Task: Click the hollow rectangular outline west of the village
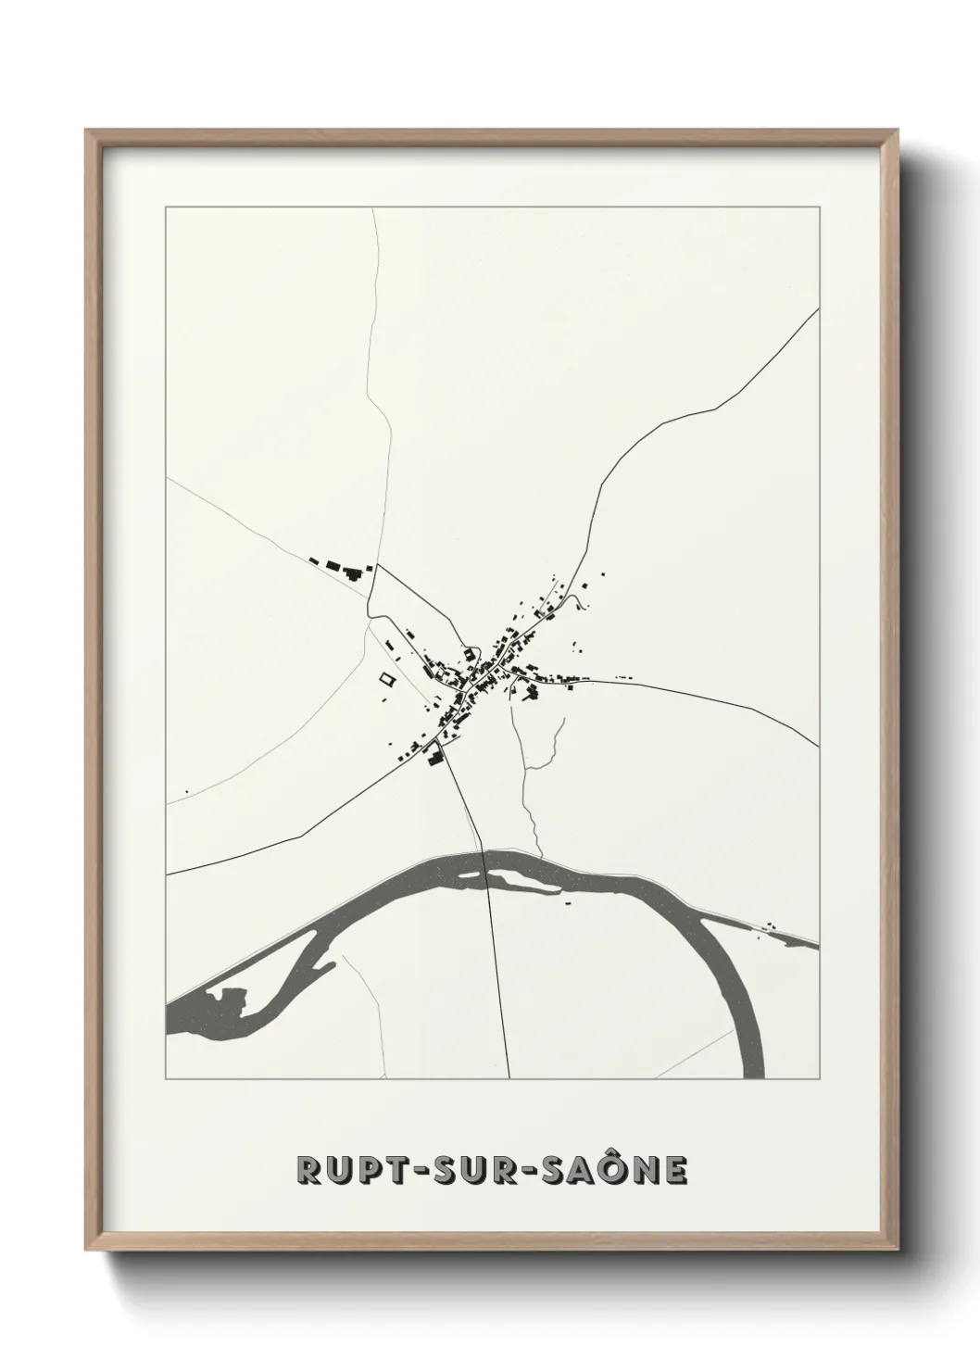coord(385,678)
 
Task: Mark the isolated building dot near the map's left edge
coord(187,791)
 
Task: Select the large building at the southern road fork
coord(433,760)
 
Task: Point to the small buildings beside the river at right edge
coord(769,926)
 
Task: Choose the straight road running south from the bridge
coord(497,982)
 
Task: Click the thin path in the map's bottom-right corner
coord(695,1056)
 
